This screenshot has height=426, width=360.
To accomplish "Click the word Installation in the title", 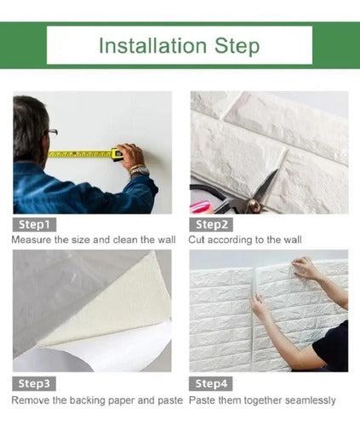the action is [x=152, y=46].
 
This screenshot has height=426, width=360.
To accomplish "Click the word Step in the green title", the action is [x=237, y=46].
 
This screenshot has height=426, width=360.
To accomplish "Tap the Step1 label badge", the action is [x=34, y=225].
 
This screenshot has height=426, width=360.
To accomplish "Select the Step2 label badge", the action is [x=211, y=225].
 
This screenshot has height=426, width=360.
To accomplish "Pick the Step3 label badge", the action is [x=34, y=383].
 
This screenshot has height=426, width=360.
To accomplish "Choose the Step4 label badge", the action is [x=211, y=383].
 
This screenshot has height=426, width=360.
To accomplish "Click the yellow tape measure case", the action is [x=117, y=154].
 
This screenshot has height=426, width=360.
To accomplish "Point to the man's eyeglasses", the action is [x=52, y=132].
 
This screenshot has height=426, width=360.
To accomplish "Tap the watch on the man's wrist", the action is [x=140, y=171].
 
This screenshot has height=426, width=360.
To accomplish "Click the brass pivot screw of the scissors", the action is [x=252, y=204].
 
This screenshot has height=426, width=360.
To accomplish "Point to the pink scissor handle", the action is [x=201, y=206].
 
